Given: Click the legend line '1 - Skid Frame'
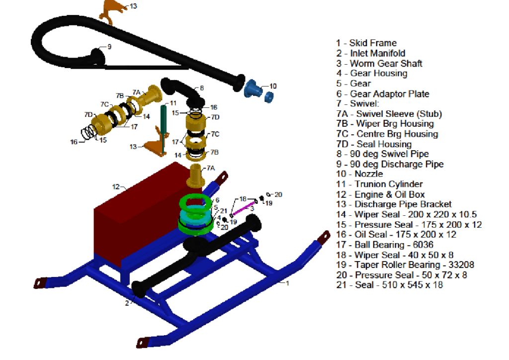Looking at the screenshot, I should point(366,43).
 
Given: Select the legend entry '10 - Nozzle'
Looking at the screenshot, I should point(359,174).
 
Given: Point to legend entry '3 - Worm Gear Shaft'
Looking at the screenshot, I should point(379,64).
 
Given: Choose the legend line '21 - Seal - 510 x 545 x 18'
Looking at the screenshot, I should point(389,285).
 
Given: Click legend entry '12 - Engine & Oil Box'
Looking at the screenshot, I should point(380,194).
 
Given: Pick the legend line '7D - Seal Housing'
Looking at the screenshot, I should point(374,144).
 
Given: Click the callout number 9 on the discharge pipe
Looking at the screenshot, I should point(109,47).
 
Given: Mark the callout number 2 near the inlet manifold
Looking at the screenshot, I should point(126,303).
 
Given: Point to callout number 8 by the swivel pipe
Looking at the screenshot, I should point(201,88).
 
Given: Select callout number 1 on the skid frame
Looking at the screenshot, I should point(287,282).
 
